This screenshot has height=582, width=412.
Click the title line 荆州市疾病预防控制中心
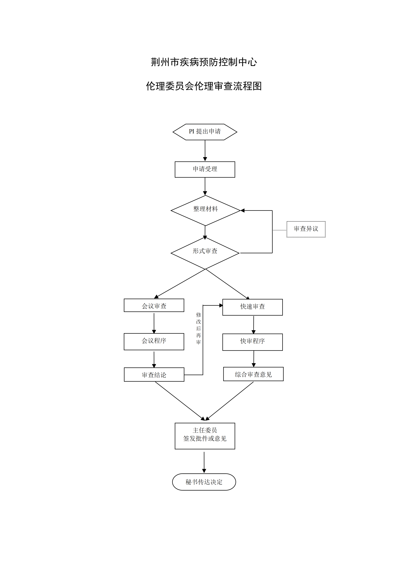204,62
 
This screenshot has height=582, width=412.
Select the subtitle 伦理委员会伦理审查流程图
204,86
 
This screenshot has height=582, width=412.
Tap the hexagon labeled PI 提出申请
205,132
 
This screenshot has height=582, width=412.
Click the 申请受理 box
205,169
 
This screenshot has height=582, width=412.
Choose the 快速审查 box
252,307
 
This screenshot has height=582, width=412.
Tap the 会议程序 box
154,341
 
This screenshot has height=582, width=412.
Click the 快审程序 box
252,342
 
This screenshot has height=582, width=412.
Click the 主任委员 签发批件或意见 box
205,436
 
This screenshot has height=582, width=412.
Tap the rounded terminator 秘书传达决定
204,482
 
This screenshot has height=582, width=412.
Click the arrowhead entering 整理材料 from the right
243,210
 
